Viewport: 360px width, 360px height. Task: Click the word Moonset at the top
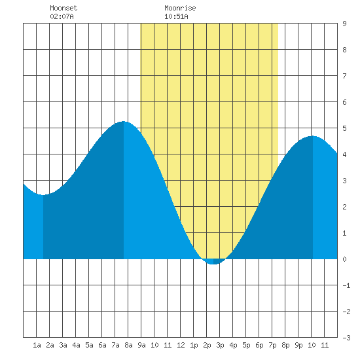click(63, 8)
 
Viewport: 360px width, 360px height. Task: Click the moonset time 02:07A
click(62, 16)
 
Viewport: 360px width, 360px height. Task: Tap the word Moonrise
click(180, 8)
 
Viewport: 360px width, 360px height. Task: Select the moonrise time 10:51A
click(176, 16)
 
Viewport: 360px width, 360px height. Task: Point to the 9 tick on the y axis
click(344, 24)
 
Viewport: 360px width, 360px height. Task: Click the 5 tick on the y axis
click(344, 128)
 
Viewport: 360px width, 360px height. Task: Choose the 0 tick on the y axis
click(344, 259)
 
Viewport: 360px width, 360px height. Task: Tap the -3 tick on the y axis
click(346, 338)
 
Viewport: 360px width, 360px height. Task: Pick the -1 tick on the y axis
click(346, 285)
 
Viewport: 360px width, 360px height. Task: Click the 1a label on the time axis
click(37, 345)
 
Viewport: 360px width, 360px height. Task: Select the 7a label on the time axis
click(115, 345)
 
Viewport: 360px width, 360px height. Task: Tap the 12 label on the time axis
click(181, 345)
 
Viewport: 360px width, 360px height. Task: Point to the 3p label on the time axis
click(220, 345)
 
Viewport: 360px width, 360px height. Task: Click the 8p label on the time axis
click(285, 345)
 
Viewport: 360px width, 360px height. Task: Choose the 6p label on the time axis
click(259, 345)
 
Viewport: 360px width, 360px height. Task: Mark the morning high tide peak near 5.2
click(124, 122)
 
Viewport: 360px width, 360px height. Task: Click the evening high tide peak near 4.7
click(312, 136)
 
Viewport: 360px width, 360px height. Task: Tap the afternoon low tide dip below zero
click(213, 264)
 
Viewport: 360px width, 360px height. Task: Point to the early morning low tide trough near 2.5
click(43, 194)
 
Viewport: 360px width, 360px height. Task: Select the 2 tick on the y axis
click(344, 207)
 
